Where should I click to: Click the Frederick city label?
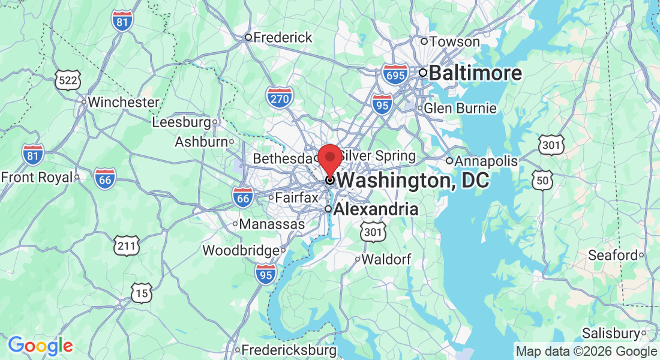tap(283, 37)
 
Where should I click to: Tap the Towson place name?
tap(454, 41)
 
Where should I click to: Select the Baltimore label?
tap(475, 73)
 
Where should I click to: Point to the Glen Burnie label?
tap(460, 109)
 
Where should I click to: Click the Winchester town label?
tap(123, 102)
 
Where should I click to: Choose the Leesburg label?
tap(181, 122)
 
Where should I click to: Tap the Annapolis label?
tap(485, 161)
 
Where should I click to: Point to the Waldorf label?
tap(386, 259)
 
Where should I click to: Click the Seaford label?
tap(612, 255)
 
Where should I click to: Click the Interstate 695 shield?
tap(395, 74)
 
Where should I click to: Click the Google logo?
tap(40, 346)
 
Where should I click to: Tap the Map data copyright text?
tap(586, 352)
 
